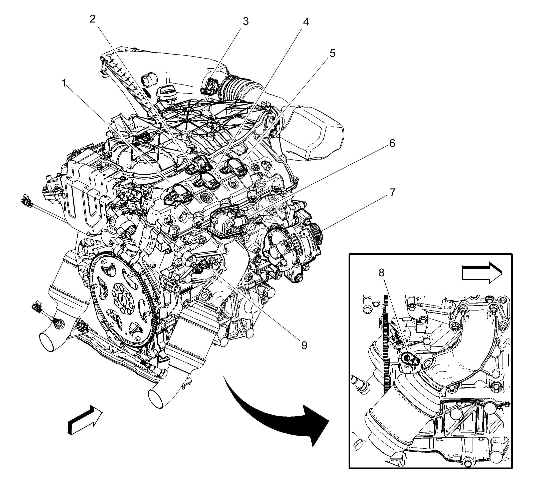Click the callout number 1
click(x=64, y=83)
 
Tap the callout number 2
click(x=93, y=19)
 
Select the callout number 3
click(x=245, y=21)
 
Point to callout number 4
click(x=306, y=22)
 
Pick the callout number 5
click(x=332, y=53)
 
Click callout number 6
click(x=392, y=143)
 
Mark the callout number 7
click(x=393, y=192)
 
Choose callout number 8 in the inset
click(x=381, y=272)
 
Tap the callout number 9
click(x=304, y=345)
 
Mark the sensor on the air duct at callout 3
click(x=210, y=86)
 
